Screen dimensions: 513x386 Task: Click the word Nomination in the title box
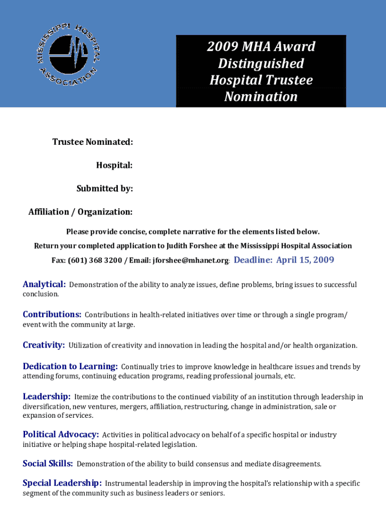point(261,97)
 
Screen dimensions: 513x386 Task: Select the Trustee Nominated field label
point(93,142)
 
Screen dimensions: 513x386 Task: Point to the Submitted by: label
point(104,189)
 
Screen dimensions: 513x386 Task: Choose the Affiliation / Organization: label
point(81,212)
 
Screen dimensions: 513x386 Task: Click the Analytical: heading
point(44,285)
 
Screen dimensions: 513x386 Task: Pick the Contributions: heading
point(52,315)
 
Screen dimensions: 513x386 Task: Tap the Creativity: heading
point(44,345)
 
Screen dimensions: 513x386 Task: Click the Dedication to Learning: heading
point(70,367)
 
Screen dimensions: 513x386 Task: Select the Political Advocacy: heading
point(61,434)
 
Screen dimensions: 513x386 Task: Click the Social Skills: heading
point(48,464)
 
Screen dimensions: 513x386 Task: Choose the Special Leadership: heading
point(62,483)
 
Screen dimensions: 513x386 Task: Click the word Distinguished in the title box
point(261,64)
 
